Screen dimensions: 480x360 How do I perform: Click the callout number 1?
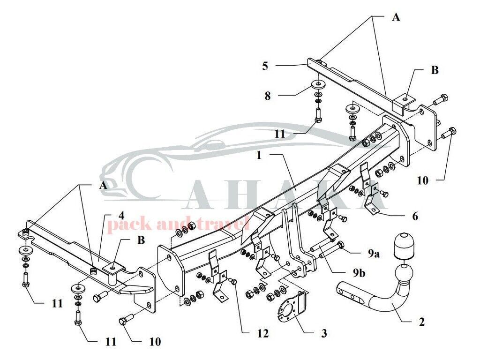(259, 155)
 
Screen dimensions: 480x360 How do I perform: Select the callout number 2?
(422, 322)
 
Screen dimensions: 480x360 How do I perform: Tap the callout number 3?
(324, 333)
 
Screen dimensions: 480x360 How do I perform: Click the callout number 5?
(265, 66)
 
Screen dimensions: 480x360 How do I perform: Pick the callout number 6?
(415, 216)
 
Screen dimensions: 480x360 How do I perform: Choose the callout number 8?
(268, 96)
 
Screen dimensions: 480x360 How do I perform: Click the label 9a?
(374, 253)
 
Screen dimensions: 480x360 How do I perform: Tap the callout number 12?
(262, 333)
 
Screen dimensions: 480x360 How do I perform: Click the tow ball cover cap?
(402, 246)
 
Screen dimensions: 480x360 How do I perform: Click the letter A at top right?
(396, 17)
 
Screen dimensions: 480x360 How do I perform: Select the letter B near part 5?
(435, 70)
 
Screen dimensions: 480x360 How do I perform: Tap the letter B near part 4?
(141, 240)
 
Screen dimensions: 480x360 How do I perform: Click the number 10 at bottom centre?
(155, 342)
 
